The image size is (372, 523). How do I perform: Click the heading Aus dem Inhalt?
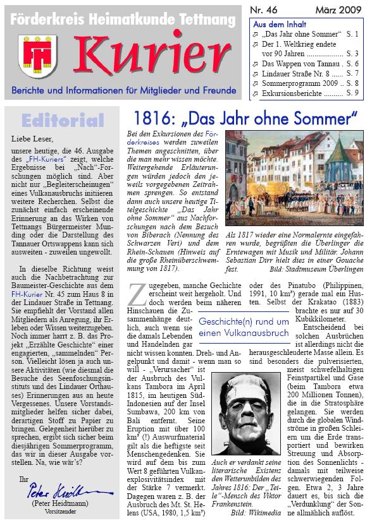click(x=275, y=23)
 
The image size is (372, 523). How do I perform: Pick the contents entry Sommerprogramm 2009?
click(x=295, y=83)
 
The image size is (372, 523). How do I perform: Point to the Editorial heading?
click(x=62, y=120)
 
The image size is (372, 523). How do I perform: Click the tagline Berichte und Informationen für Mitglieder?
click(x=123, y=90)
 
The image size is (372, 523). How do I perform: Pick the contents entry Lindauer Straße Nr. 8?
click(x=293, y=73)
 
